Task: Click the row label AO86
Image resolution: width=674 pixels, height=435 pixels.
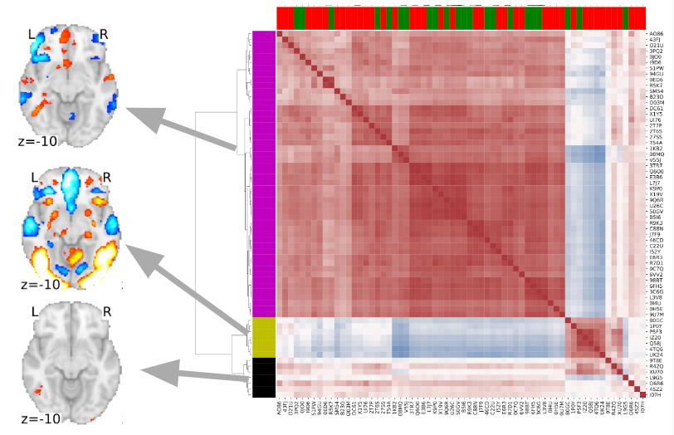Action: click(x=655, y=34)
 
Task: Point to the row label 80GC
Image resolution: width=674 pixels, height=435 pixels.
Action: click(x=655, y=320)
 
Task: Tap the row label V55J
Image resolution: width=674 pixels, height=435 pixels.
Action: click(x=655, y=159)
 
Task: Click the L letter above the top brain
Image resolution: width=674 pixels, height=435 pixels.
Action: click(x=32, y=35)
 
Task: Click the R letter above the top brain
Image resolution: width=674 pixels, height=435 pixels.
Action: click(x=104, y=34)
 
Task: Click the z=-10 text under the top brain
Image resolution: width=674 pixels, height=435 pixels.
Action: click(x=37, y=141)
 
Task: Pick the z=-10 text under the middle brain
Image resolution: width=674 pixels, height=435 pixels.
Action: click(x=37, y=284)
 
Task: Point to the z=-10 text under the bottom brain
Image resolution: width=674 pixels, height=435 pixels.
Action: click(x=37, y=418)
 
